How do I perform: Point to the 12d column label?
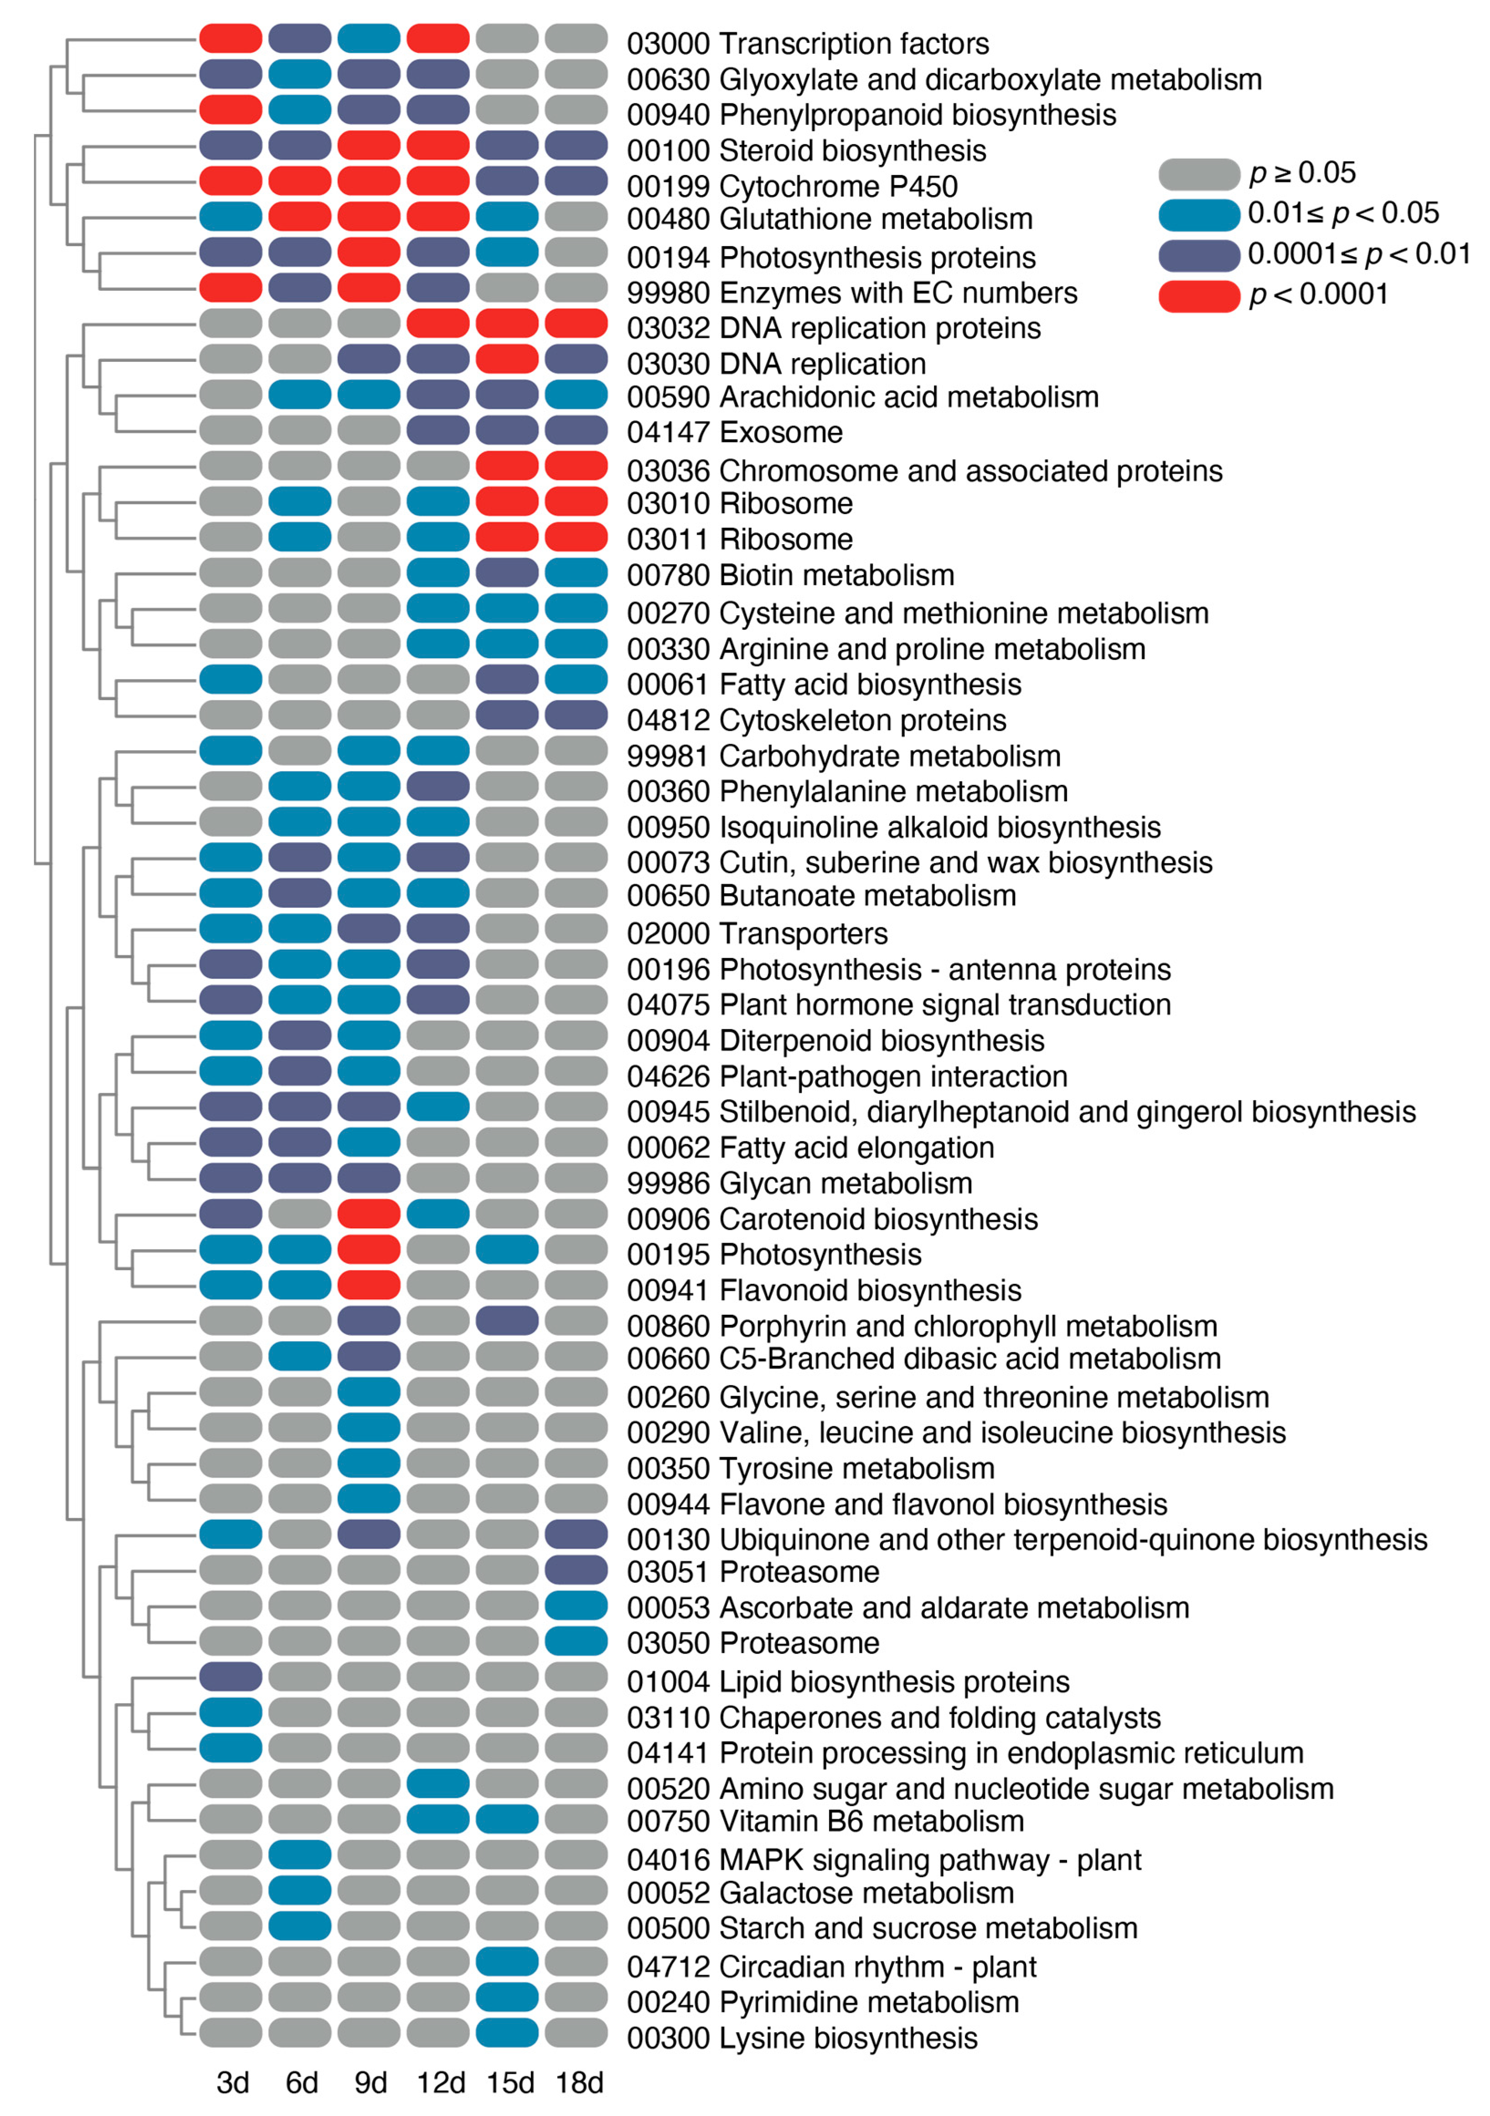click(x=440, y=2083)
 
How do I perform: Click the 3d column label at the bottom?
click(x=232, y=2083)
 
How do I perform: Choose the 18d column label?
click(x=579, y=2083)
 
